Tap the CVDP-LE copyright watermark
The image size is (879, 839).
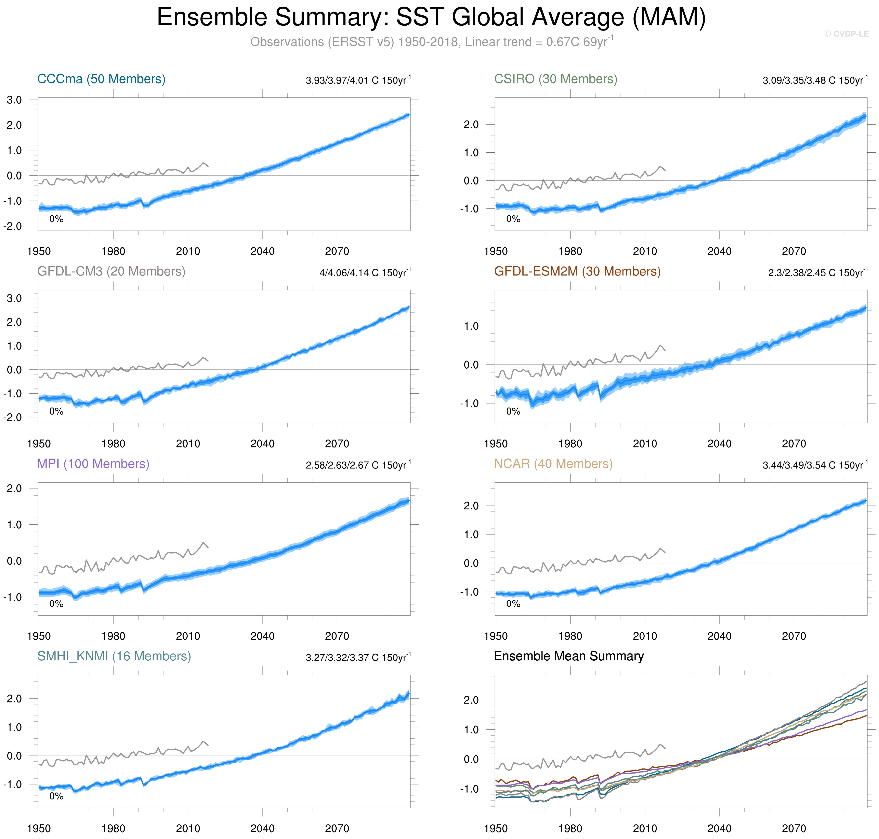coord(846,34)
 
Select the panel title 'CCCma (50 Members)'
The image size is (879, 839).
coord(101,79)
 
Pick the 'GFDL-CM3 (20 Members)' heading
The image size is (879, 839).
coord(111,271)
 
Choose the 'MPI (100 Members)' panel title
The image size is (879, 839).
coord(93,464)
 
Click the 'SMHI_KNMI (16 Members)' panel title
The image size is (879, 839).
coord(114,656)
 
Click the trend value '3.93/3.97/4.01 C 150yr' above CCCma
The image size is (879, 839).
coord(358,80)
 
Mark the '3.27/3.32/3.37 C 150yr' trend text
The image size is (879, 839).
coord(358,657)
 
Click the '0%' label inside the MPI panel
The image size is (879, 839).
coord(56,604)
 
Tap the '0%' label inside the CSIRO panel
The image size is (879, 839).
coord(513,219)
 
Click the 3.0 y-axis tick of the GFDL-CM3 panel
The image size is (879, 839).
coord(14,298)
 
